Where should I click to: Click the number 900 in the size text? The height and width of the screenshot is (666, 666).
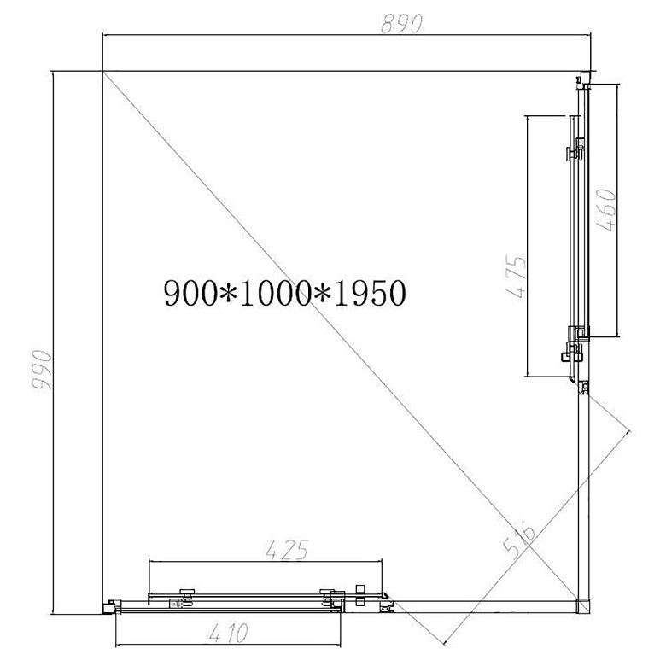tap(190, 294)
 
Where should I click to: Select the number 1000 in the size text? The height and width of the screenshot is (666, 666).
tap(274, 294)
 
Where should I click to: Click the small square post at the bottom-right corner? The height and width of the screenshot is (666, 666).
tap(581, 605)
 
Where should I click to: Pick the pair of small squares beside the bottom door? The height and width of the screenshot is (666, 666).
tap(360, 594)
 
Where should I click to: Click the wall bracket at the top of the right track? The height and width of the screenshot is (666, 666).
tap(581, 80)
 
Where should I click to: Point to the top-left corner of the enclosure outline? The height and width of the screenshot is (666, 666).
tap(102, 71)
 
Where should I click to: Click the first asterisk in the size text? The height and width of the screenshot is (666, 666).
tap(228, 294)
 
